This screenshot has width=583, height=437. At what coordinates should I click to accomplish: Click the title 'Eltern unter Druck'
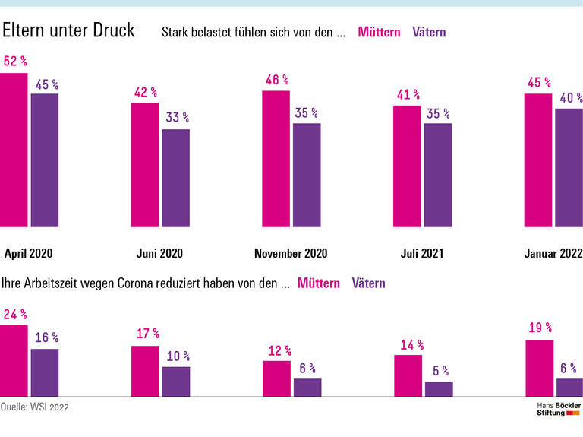68,30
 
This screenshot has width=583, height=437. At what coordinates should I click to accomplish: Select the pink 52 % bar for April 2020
13,150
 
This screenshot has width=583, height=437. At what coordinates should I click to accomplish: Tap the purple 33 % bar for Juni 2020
175,178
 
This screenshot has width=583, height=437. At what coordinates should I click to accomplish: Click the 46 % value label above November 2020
277,79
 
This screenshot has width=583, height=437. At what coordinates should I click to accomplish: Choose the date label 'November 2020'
291,253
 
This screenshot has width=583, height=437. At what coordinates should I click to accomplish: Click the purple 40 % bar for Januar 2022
569,167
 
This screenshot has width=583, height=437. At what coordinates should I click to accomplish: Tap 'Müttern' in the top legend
379,33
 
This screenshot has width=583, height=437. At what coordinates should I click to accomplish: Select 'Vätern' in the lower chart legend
369,283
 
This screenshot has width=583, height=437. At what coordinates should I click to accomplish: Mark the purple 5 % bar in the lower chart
439,388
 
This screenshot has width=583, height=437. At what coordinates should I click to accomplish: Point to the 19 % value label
539,328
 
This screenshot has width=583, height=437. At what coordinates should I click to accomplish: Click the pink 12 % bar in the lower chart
276,378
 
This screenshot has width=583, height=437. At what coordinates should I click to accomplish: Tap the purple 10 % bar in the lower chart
175,382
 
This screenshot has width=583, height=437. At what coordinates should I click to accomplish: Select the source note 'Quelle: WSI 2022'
35,407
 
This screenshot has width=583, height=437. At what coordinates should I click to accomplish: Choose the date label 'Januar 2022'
553,253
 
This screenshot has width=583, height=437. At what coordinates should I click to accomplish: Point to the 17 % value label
147,334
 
